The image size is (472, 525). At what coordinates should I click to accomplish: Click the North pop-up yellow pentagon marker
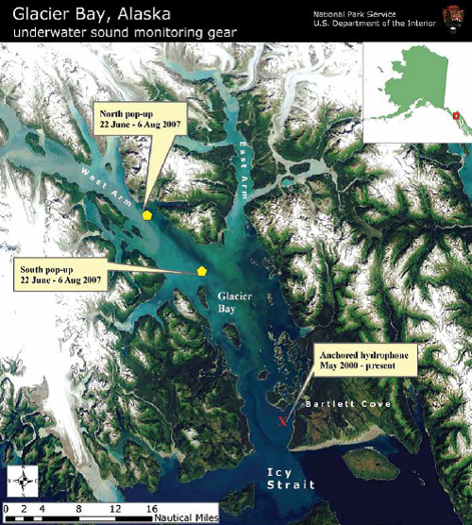(147, 215)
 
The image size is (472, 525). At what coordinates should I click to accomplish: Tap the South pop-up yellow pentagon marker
(201, 271)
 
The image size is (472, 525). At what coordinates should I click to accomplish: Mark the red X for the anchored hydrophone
(281, 421)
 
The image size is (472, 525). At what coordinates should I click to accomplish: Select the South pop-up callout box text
(60, 275)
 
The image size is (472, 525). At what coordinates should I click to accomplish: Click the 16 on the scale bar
(151, 508)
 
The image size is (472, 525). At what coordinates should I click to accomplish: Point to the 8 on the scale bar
(77, 508)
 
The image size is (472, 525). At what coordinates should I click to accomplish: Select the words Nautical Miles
(189, 517)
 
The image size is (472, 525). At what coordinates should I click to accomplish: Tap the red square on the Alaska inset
(456, 116)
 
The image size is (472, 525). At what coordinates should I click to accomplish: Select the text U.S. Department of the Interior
(382, 24)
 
